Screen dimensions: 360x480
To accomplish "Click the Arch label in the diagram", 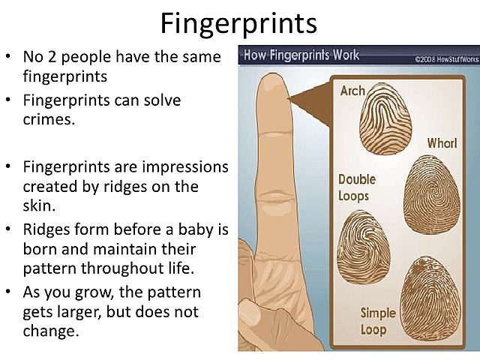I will point(352,91).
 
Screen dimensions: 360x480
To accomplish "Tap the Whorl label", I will point(442,142).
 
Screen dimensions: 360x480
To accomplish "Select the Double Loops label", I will point(356,187).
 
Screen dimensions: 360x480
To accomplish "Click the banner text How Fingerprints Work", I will point(301,55).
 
